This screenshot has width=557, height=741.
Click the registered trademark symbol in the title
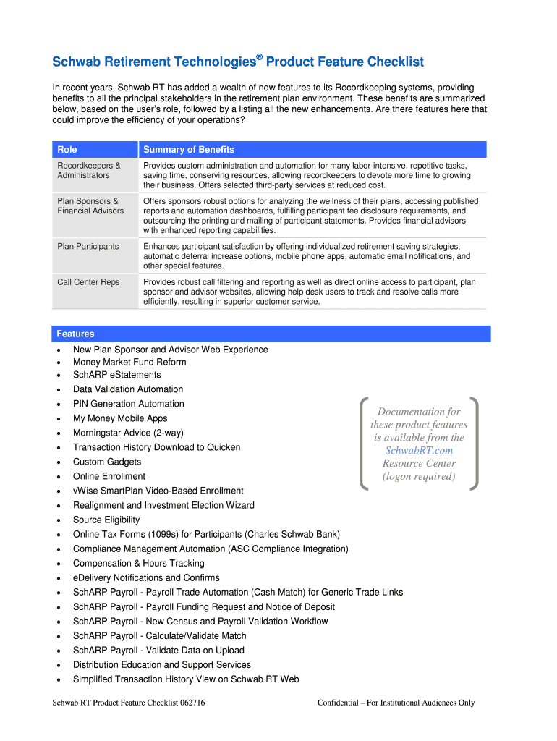pyautogui.click(x=258, y=56)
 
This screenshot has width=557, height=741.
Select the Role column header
pyautogui.click(x=67, y=150)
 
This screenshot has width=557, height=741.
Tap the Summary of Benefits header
pyautogui.click(x=189, y=150)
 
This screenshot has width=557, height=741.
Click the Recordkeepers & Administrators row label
pyautogui.click(x=89, y=170)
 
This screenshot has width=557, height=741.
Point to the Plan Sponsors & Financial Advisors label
pyautogui.click(x=90, y=206)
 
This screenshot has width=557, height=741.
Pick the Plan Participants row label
pyautogui.click(x=88, y=247)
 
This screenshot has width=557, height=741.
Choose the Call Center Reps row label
pyautogui.click(x=88, y=282)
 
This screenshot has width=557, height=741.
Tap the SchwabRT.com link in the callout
pyautogui.click(x=419, y=450)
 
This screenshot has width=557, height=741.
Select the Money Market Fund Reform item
pyautogui.click(x=129, y=362)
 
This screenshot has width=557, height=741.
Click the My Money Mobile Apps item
pyautogui.click(x=120, y=418)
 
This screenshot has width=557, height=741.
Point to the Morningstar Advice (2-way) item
pyautogui.click(x=128, y=433)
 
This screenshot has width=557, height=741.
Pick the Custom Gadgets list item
pyautogui.click(x=107, y=462)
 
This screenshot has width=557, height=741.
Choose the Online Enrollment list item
pyautogui.click(x=109, y=476)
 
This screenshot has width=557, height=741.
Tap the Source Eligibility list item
pyautogui.click(x=106, y=520)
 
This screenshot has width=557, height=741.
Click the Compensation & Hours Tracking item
pyautogui.click(x=139, y=563)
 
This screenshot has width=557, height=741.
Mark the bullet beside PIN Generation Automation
pyautogui.click(x=57, y=405)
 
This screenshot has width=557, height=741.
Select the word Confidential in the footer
pyautogui.click(x=341, y=703)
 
